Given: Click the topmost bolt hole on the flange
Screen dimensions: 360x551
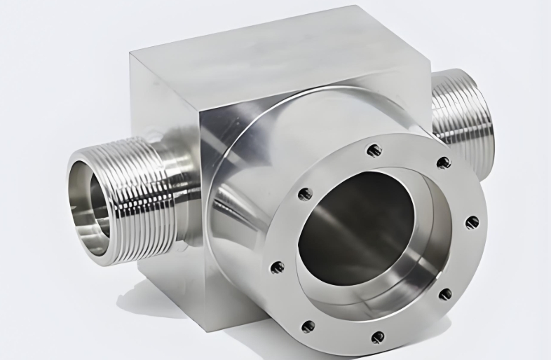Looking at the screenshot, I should coord(374,150).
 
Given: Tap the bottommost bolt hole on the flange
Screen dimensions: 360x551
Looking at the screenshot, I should coord(378,337).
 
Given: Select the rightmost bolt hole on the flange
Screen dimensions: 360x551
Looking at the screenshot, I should coord(472,223).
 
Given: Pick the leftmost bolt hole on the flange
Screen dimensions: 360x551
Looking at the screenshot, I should coord(278,267).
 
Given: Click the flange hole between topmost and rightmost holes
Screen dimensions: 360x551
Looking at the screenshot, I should coord(443,162).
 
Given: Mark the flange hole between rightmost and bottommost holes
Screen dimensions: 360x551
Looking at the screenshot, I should coord(444,294).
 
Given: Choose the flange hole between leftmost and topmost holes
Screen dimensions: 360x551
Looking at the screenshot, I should coord(305,194).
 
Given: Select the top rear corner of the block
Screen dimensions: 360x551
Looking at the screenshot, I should coord(361,8).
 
